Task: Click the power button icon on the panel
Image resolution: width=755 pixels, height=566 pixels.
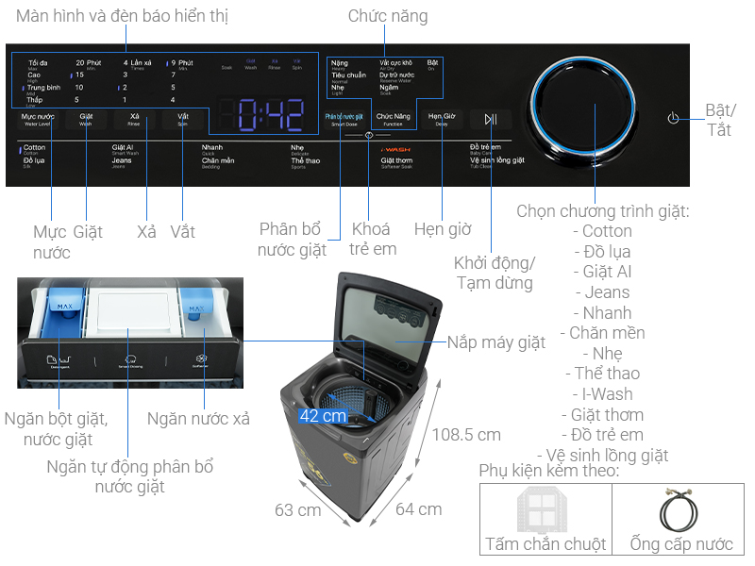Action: coord(673,118)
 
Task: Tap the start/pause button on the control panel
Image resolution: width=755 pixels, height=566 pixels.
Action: coord(490,119)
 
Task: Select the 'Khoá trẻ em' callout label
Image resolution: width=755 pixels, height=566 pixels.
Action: coord(373,240)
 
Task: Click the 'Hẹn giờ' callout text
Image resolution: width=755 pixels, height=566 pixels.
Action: coord(443,229)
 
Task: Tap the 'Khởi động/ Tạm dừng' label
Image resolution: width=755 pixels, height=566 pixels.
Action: coord(494,272)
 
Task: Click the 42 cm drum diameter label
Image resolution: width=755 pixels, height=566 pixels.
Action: coord(323,415)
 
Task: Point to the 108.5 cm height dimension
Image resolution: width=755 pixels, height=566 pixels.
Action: coord(466,435)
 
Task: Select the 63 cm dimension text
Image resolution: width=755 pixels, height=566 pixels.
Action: coord(298,509)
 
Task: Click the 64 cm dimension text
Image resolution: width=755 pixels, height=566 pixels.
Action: coord(418,509)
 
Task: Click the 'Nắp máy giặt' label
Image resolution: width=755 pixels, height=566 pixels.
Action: coord(496,342)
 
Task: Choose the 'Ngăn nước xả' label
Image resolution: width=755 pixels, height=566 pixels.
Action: coord(198,419)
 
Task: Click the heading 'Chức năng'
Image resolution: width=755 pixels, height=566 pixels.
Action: coord(387,16)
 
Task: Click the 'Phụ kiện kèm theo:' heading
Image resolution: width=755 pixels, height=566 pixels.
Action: coord(548,470)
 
